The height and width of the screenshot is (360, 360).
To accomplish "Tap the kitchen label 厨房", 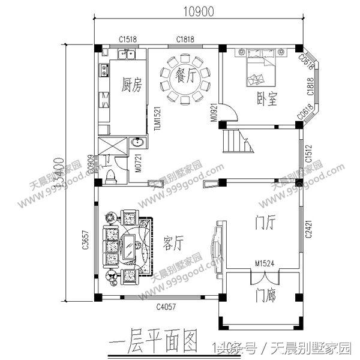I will (131, 84).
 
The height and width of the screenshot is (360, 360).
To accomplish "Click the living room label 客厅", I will (173, 242).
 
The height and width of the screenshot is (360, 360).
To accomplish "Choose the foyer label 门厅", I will (263, 223).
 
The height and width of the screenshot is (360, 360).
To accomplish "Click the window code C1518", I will (127, 39).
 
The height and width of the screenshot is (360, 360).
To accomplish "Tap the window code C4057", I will (166, 308).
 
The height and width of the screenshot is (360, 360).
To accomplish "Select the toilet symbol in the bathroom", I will (110, 174).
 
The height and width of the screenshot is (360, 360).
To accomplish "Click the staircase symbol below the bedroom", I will (236, 142).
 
